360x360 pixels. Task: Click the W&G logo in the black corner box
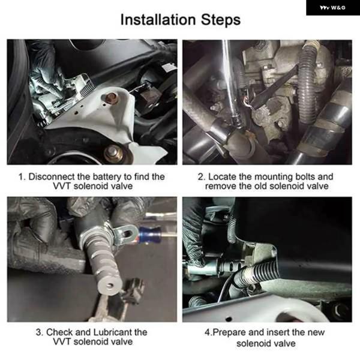pyautogui.click(x=332, y=8)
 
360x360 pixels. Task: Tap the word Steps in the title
pyautogui.click(x=221, y=20)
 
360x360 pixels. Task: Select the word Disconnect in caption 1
pyautogui.click(x=52, y=177)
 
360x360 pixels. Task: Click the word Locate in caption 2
pyautogui.click(x=222, y=177)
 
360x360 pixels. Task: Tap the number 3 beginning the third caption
pyautogui.click(x=38, y=332)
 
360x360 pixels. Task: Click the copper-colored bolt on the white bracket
pyautogui.click(x=111, y=98)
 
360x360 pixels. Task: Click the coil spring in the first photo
pyautogui.click(x=87, y=88)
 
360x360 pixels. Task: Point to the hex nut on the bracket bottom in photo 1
pyautogui.click(x=113, y=152)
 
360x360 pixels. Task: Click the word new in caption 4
pyautogui.click(x=316, y=333)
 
